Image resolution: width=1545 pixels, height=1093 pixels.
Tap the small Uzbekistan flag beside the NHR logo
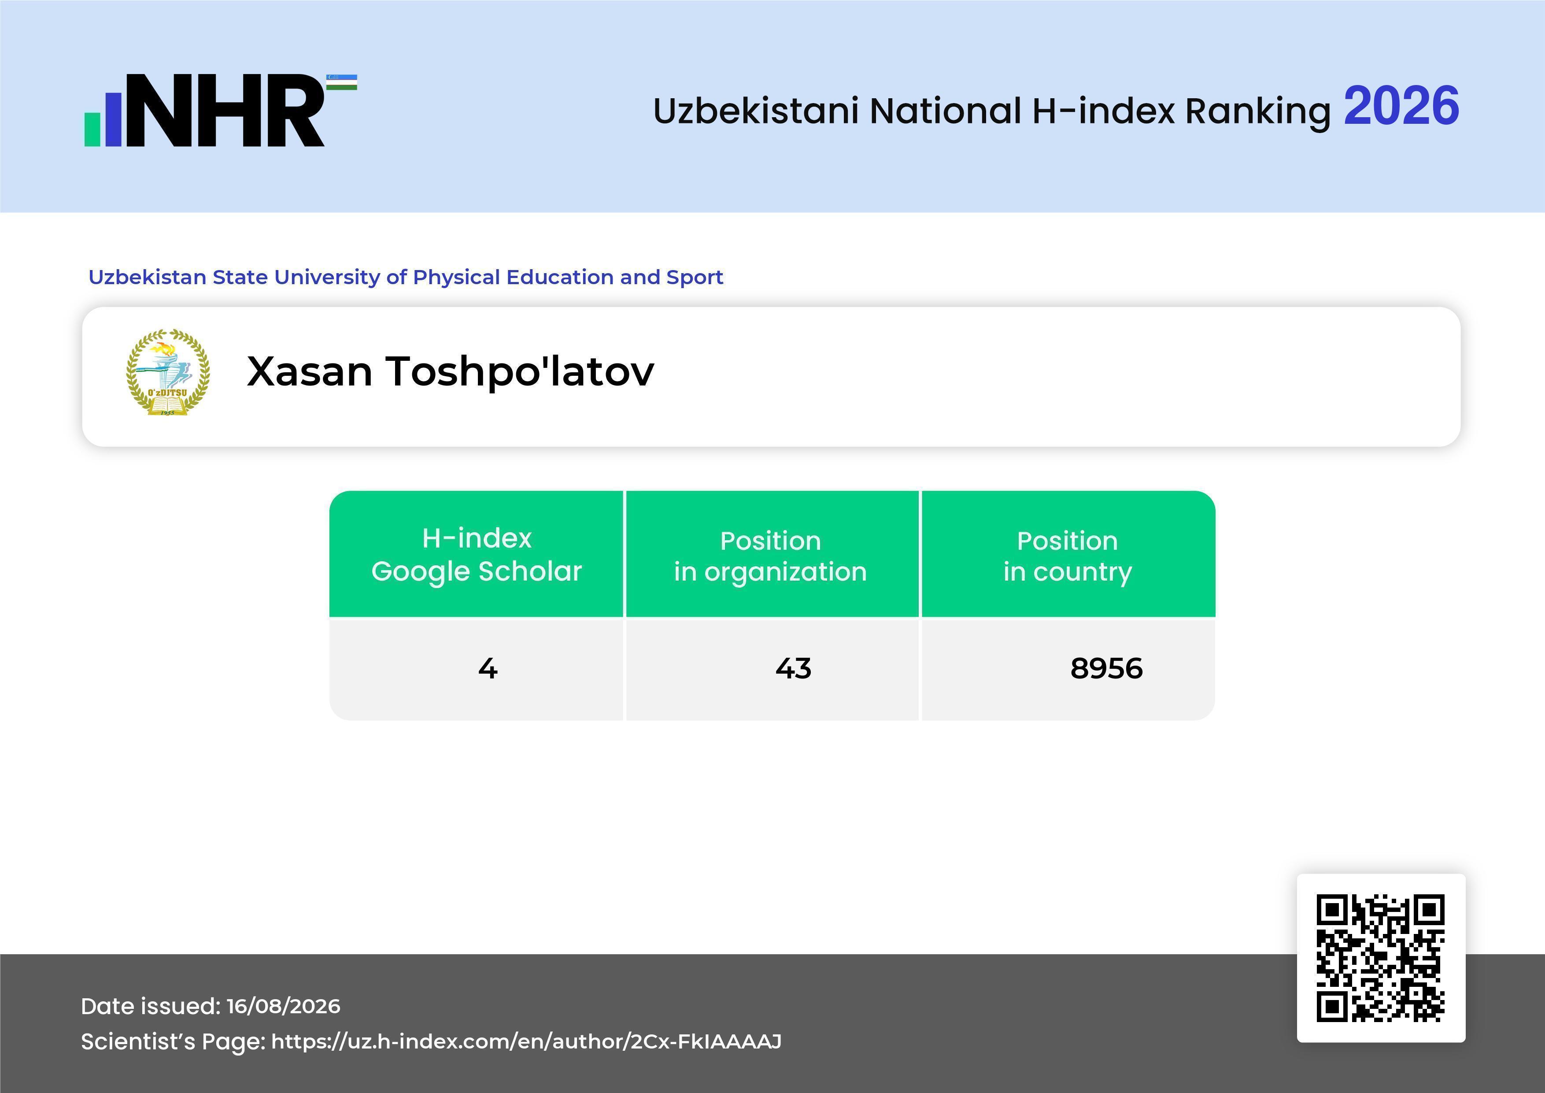coord(342,82)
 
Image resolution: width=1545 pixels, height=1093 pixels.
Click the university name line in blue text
coord(406,277)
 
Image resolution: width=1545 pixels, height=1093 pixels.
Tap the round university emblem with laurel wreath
coord(168,372)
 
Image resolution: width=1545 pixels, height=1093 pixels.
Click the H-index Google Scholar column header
coord(477,555)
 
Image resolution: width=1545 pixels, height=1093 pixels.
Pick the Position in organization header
coord(770,556)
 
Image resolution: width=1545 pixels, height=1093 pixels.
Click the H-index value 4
coord(488,668)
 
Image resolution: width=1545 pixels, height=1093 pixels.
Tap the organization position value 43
coord(793,668)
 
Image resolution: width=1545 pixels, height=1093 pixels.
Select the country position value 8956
coord(1106,668)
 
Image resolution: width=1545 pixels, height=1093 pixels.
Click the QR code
coord(1381,958)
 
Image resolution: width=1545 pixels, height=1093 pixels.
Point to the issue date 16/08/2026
coord(283,1006)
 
